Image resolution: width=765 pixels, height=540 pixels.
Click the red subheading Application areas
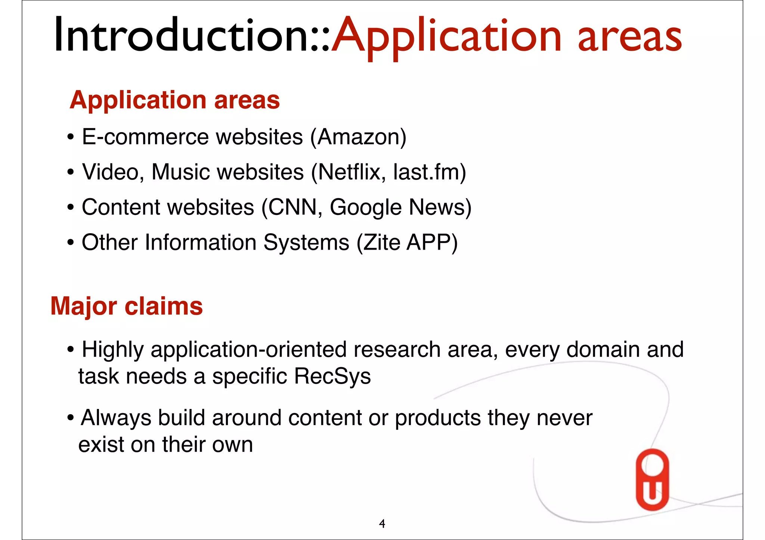[175, 100]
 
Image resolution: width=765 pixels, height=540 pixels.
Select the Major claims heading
[127, 306]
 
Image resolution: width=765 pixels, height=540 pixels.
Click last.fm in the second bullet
[426, 172]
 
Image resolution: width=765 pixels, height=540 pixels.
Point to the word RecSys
[332, 376]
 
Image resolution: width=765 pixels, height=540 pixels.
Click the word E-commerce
[145, 137]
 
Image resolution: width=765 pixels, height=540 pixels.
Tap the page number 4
[382, 524]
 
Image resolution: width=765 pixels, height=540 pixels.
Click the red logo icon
[652, 479]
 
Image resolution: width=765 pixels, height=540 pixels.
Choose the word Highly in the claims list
[112, 350]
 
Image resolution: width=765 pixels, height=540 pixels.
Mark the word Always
[116, 418]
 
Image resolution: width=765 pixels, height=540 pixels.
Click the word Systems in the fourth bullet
[306, 243]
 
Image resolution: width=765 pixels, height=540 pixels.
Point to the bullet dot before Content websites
[70, 208]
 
